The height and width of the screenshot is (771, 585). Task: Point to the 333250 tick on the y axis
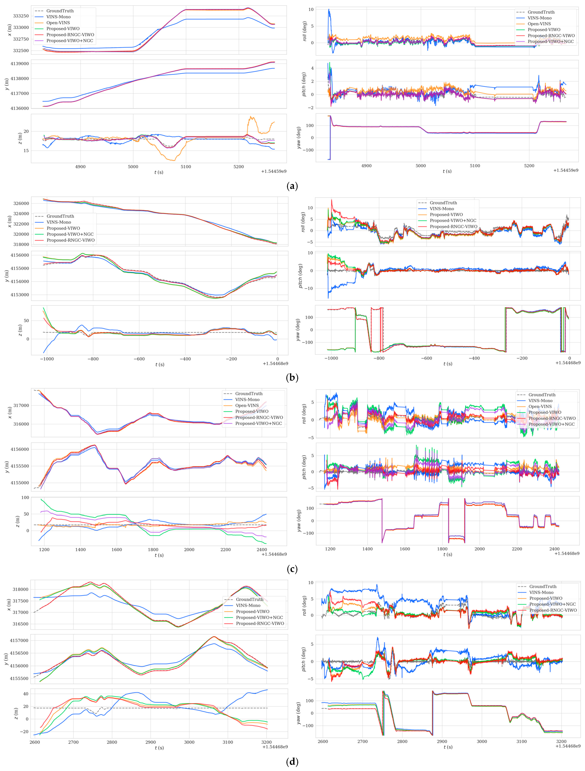click(x=21, y=16)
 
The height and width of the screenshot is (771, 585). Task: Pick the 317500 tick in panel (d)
click(x=21, y=601)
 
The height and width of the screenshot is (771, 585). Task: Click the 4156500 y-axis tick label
click(x=20, y=653)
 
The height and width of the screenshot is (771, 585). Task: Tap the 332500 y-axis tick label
click(x=21, y=50)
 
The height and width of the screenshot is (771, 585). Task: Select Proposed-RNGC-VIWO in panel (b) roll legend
click(x=453, y=227)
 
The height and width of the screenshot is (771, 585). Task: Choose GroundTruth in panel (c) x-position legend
click(x=249, y=394)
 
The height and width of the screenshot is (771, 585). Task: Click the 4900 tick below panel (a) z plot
click(x=80, y=167)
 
